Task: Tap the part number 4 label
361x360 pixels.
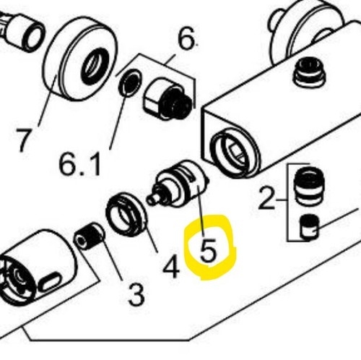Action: (x=171, y=266)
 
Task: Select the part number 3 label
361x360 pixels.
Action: (x=136, y=293)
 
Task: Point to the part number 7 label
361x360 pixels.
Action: (x=24, y=140)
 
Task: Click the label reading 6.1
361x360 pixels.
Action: (x=79, y=163)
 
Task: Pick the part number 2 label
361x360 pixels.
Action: (x=266, y=198)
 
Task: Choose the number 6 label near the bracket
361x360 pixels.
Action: (x=186, y=38)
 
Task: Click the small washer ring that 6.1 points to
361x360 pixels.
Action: (x=130, y=82)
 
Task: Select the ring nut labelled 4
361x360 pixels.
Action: (x=126, y=213)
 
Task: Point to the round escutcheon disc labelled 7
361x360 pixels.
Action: (x=80, y=59)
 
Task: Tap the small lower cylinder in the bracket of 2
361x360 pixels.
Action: (x=309, y=227)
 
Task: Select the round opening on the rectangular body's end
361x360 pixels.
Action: (x=235, y=153)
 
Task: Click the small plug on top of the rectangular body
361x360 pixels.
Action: (x=309, y=72)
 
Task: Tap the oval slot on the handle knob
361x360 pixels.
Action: (x=50, y=281)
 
